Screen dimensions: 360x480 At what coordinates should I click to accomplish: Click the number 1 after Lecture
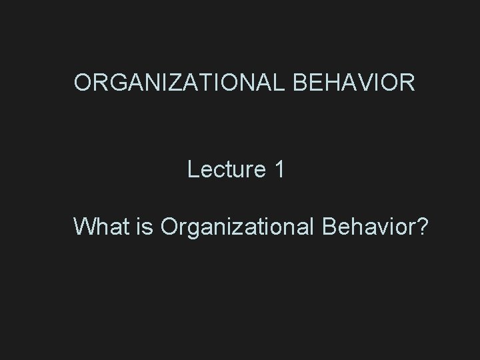point(279,169)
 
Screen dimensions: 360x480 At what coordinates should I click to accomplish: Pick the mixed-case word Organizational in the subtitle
point(238,227)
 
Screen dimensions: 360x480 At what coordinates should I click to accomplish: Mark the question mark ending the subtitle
point(423,227)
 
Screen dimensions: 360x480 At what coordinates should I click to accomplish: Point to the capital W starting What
point(85,227)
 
